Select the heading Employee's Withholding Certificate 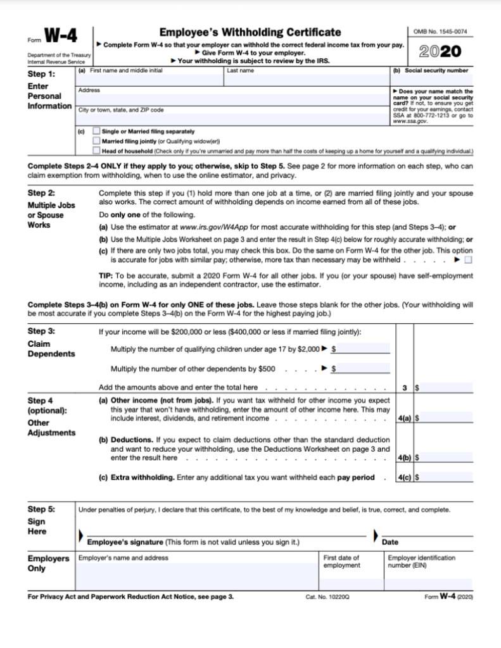(250, 32)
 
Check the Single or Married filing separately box (96, 132)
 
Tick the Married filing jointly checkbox (96, 141)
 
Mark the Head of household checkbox (96, 151)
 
